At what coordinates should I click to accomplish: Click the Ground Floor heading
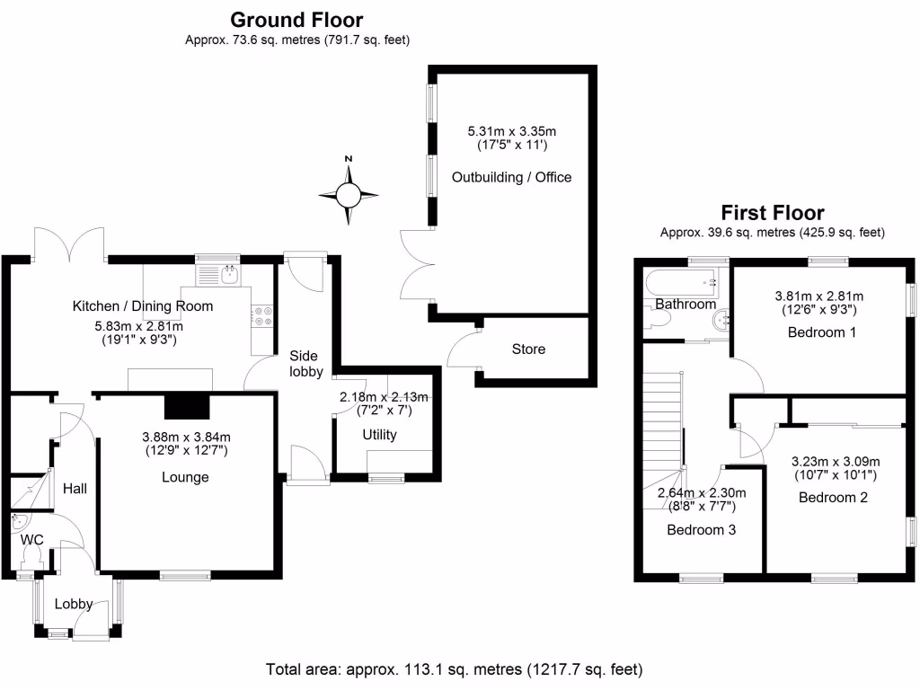(297, 20)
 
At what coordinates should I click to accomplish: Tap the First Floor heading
(773, 213)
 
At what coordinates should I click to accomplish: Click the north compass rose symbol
(349, 193)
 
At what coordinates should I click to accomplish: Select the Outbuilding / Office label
(511, 177)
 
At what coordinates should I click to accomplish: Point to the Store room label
(528, 349)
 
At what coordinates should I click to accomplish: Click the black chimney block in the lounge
(187, 407)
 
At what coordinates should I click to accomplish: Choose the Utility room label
(380, 436)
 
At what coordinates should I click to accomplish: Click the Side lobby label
(304, 364)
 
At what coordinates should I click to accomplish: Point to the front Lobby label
(74, 604)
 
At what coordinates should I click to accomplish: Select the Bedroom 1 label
(822, 332)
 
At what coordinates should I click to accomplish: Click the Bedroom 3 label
(701, 530)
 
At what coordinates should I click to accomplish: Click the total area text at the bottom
(454, 669)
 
